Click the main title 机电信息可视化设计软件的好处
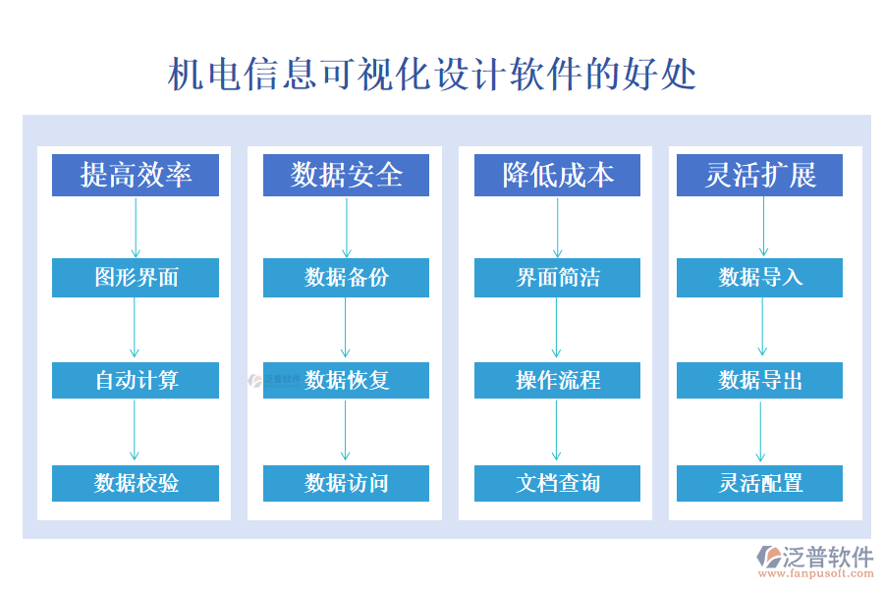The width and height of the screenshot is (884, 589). pyautogui.click(x=432, y=75)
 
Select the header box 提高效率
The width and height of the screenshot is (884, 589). pyautogui.click(x=136, y=175)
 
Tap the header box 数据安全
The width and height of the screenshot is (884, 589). pyautogui.click(x=346, y=175)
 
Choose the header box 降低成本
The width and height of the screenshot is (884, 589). pyautogui.click(x=557, y=175)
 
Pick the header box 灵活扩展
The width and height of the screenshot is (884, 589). pyautogui.click(x=759, y=175)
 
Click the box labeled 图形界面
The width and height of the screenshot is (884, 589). pyautogui.click(x=136, y=278)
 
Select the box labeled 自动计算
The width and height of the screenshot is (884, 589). pyautogui.click(x=136, y=380)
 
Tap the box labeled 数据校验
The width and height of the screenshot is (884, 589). pyautogui.click(x=136, y=483)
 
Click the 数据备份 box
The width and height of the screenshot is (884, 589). pyautogui.click(x=346, y=278)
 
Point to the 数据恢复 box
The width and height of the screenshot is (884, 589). pyautogui.click(x=346, y=380)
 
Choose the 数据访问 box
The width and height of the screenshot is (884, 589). pyautogui.click(x=346, y=483)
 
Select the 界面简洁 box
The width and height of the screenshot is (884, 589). pyautogui.click(x=557, y=278)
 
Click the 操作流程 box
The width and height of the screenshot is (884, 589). pyautogui.click(x=557, y=380)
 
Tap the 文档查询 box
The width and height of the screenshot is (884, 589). pyautogui.click(x=557, y=483)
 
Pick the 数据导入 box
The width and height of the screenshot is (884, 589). pyautogui.click(x=759, y=278)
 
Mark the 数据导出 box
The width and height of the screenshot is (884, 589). pyautogui.click(x=759, y=380)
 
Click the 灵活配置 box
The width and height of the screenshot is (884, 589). pyautogui.click(x=759, y=483)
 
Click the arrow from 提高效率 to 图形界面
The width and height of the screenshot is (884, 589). pyautogui.click(x=136, y=227)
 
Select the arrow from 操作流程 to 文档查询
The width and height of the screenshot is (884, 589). pyautogui.click(x=557, y=431)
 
